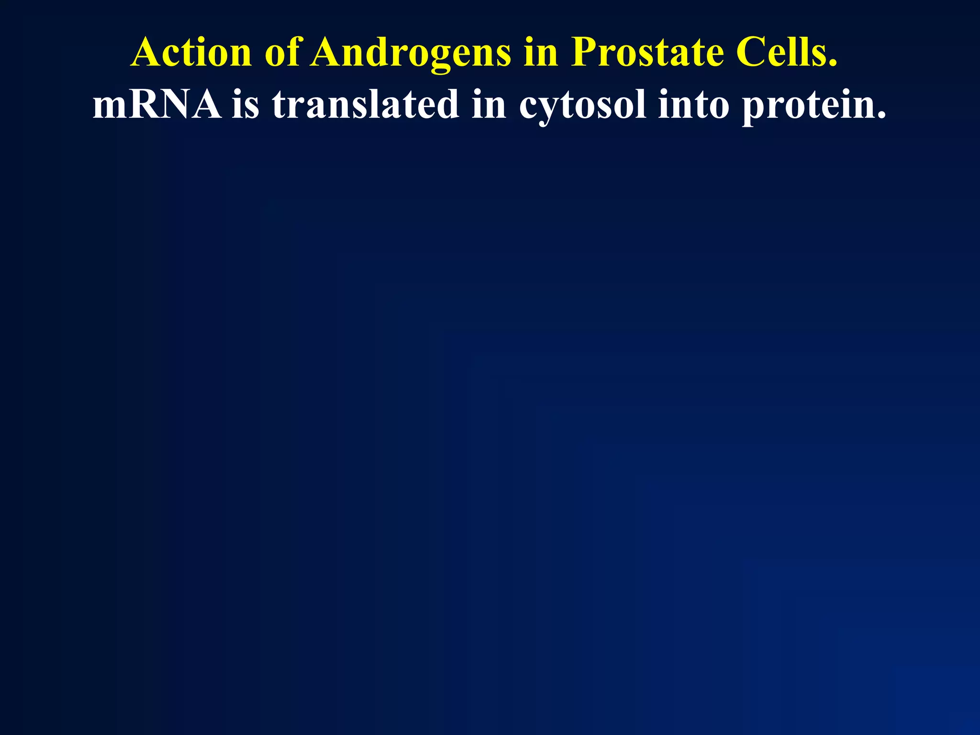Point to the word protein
tap(809, 105)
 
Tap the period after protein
tap(881, 115)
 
